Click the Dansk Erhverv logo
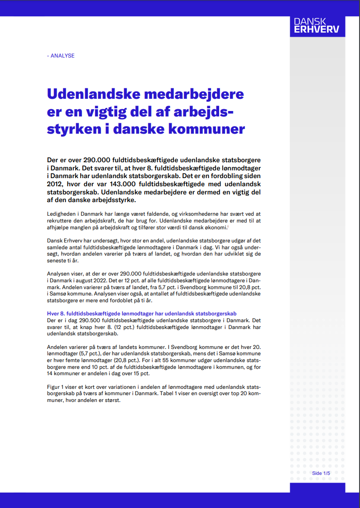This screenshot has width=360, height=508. [x=317, y=26]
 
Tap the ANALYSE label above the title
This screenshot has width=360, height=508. [x=61, y=56]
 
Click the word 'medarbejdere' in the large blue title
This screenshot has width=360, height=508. [x=194, y=95]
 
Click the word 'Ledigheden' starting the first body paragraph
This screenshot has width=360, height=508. [x=61, y=213]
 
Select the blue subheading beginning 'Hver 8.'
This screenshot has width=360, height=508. [x=142, y=314]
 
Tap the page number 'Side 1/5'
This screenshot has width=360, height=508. [x=321, y=474]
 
